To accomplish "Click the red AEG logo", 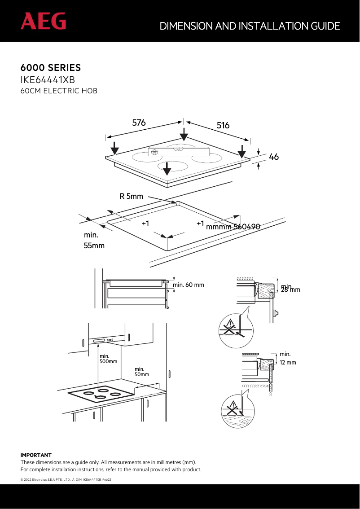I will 43,21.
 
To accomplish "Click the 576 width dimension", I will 139,122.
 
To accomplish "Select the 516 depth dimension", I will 223,126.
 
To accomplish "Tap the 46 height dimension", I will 273,157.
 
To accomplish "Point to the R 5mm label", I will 131,196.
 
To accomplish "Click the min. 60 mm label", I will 189,285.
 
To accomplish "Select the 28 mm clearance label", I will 290,290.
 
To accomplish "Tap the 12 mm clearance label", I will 288,362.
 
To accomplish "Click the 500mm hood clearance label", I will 108,361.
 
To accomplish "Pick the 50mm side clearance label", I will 142,374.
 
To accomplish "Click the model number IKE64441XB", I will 48,80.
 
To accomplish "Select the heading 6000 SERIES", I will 51,68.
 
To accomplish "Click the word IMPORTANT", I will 36,455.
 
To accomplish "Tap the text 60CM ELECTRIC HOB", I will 59,91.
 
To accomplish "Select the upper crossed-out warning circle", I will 234,330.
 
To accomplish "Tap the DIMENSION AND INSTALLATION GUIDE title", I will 250,26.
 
